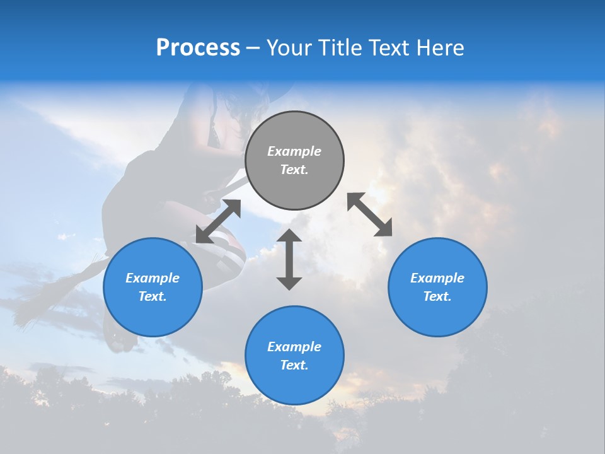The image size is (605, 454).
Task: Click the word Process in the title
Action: tap(198, 48)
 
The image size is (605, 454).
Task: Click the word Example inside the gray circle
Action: tap(294, 151)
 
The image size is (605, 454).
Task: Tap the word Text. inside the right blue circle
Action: tap(437, 296)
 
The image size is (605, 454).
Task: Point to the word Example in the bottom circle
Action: tap(294, 346)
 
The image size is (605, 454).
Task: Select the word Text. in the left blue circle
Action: tap(153, 296)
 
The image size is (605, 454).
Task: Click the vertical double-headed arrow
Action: tap(289, 259)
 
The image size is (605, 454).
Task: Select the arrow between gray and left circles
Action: tap(218, 221)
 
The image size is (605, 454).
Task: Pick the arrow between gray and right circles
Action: tap(370, 215)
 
